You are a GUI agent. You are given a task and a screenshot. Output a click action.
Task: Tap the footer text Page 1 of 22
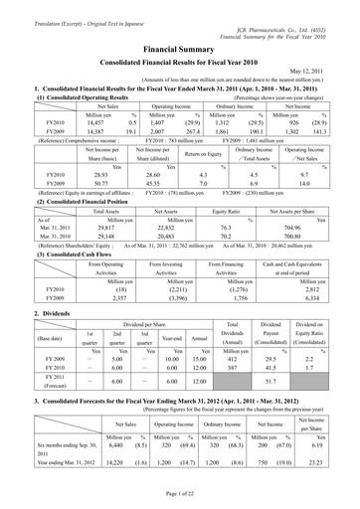[179, 496]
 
